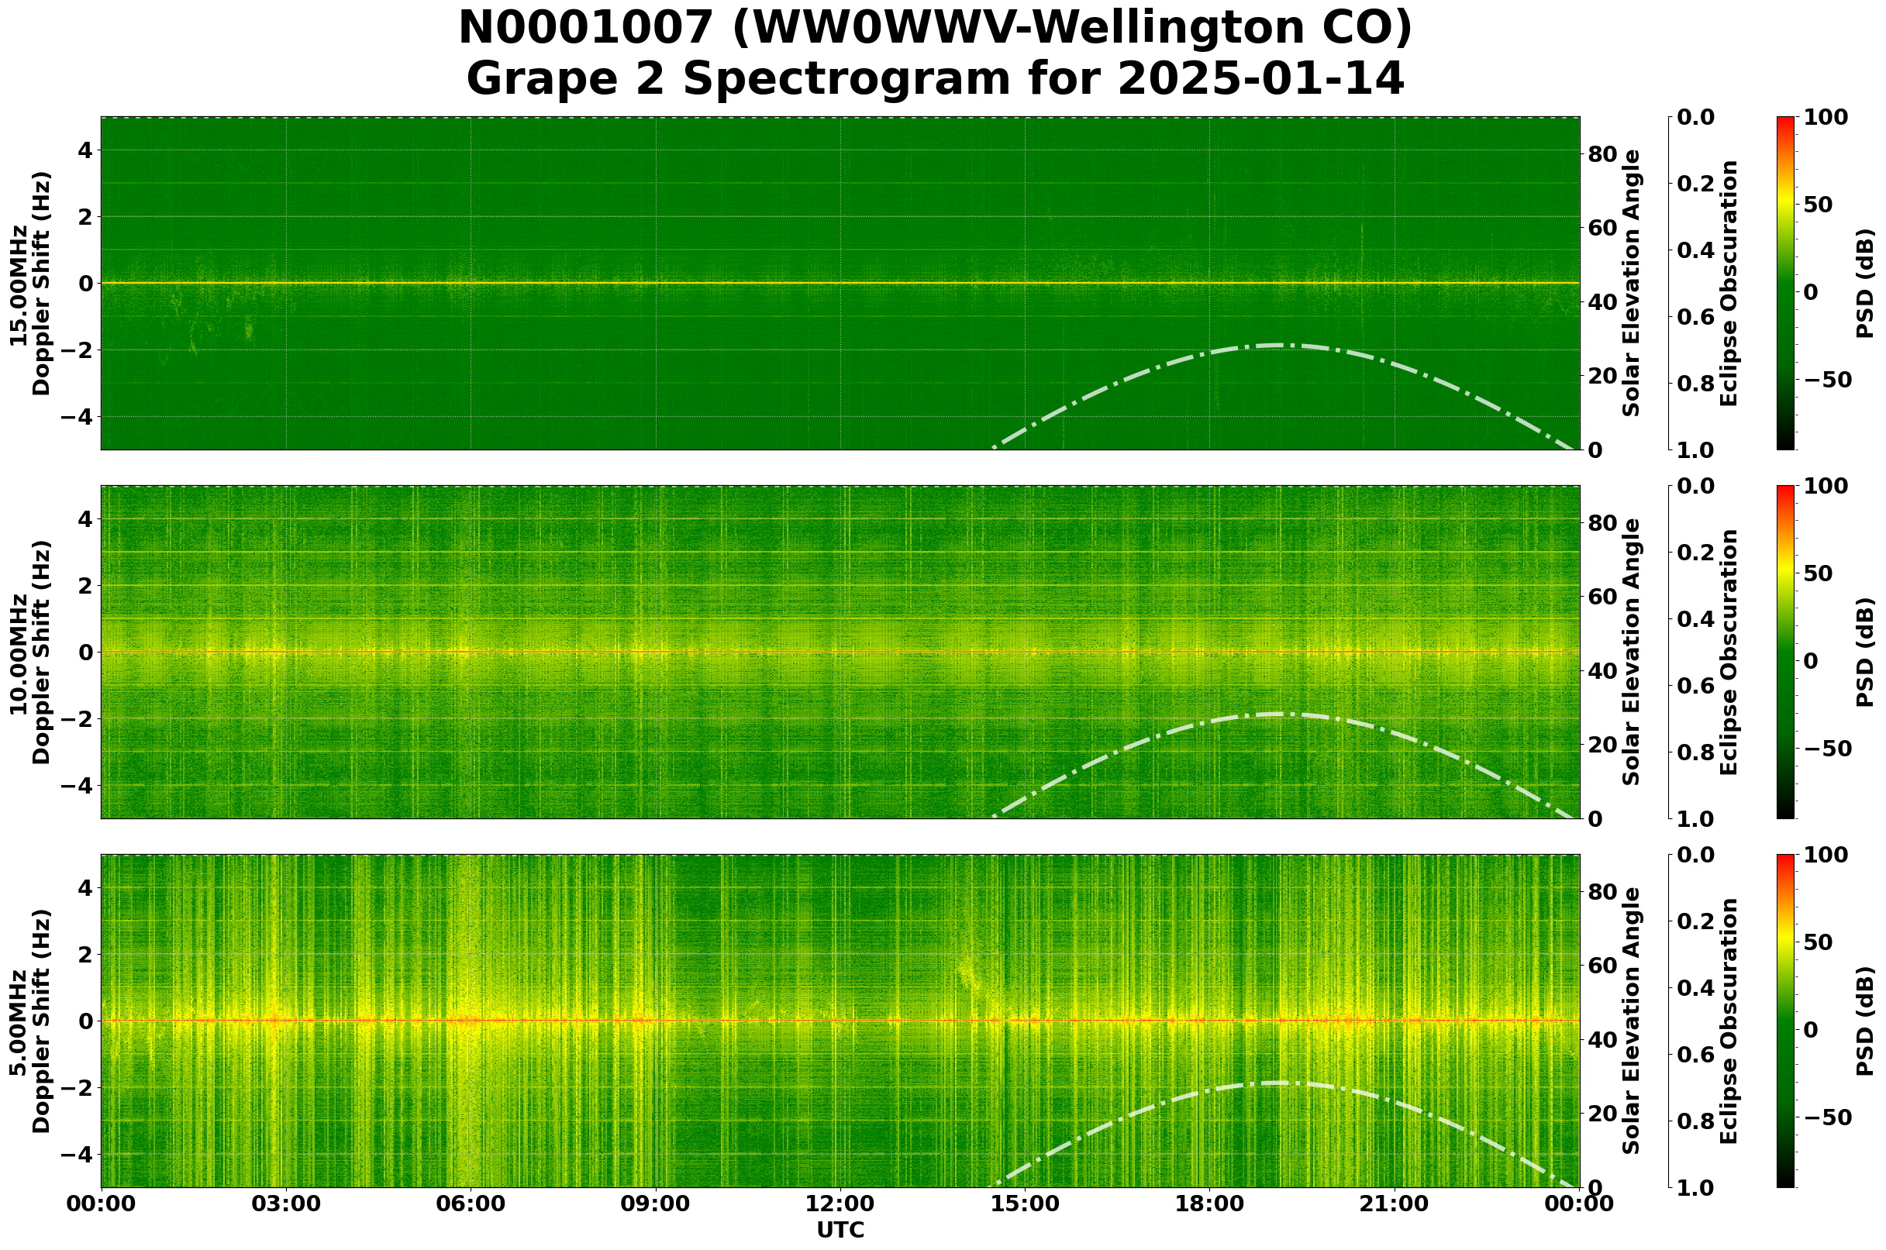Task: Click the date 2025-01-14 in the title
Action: click(1260, 80)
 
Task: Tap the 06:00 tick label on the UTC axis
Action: click(471, 1204)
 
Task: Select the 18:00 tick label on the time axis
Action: click(1209, 1204)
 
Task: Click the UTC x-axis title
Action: click(840, 1231)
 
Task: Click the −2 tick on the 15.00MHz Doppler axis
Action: click(80, 350)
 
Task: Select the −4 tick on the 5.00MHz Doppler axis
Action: click(80, 1155)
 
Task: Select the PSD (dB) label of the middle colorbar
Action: click(1864, 652)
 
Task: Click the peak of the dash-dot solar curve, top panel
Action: click(1278, 345)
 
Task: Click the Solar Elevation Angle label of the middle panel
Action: click(1632, 652)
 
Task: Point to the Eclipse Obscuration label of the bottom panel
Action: click(1727, 1021)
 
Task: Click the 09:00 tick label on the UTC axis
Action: click(656, 1204)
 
